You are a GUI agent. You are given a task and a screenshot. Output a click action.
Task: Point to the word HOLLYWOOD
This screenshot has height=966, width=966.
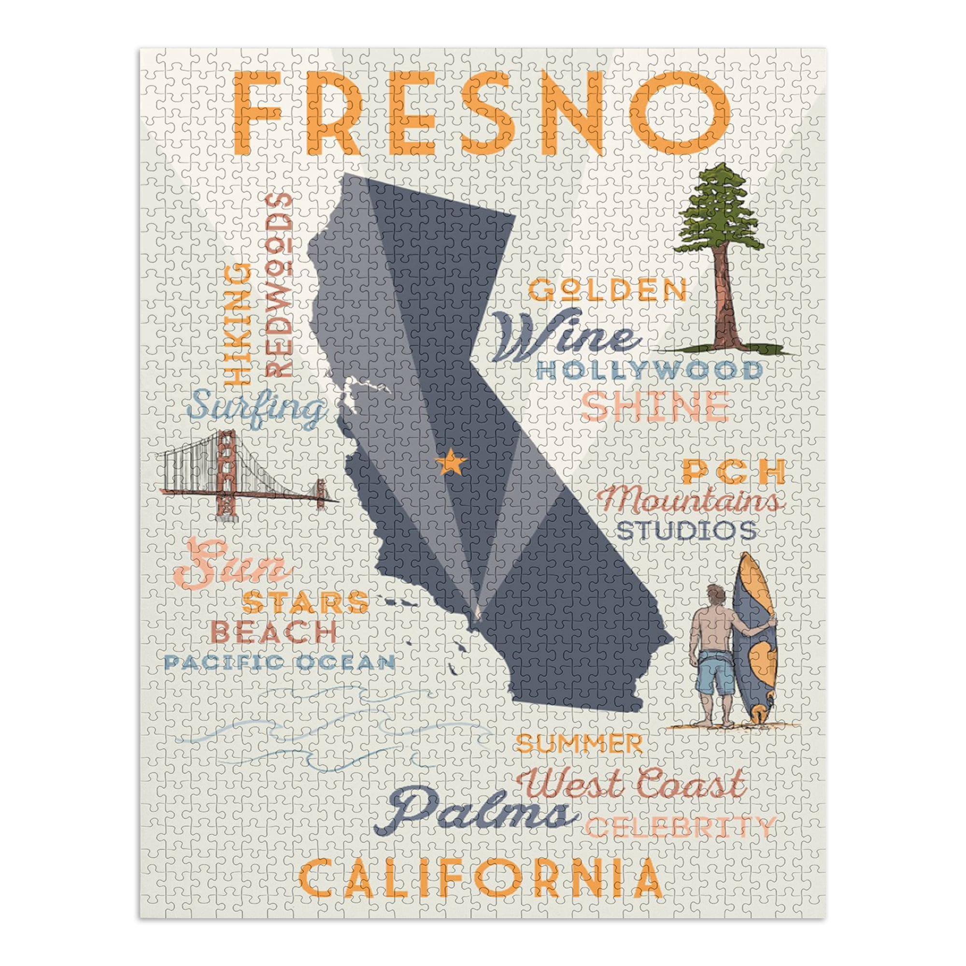(649, 371)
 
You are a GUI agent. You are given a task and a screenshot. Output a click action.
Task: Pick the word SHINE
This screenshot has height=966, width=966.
(654, 406)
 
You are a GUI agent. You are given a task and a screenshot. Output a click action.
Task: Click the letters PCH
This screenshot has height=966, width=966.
(733, 473)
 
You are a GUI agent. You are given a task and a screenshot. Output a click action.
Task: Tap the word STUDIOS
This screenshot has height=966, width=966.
(686, 530)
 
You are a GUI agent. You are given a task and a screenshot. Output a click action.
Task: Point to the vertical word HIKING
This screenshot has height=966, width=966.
(238, 324)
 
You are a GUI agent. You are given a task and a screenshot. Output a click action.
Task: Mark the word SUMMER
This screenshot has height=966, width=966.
(579, 744)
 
